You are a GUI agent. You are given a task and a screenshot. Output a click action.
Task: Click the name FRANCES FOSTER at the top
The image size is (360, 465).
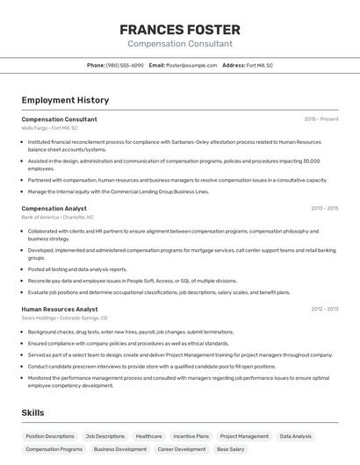point(180,29)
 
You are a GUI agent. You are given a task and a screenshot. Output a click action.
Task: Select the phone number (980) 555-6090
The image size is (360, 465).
point(125,65)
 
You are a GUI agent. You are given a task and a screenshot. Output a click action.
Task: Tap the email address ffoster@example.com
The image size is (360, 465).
point(191,65)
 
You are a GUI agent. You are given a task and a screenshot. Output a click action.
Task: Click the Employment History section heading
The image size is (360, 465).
point(65,100)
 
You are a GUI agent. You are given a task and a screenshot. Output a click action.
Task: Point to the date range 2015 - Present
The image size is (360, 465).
point(320,118)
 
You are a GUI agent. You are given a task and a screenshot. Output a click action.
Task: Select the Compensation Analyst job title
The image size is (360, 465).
point(54,208)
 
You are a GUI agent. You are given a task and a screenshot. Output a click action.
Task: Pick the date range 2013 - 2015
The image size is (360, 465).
point(324,208)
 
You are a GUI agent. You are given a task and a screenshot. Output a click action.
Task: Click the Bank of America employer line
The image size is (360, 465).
point(57,217)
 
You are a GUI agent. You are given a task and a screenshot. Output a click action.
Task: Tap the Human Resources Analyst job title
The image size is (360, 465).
point(60,309)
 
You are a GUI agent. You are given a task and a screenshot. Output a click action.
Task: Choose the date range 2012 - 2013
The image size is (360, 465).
point(324,309)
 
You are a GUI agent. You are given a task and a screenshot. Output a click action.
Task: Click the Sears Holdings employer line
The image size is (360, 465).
point(64,318)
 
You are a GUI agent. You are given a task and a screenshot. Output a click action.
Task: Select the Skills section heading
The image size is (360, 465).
point(32,412)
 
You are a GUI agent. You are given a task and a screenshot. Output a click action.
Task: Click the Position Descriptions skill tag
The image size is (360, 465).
point(50,436)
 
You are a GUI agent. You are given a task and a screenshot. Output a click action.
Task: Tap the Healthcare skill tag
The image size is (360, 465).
point(148,436)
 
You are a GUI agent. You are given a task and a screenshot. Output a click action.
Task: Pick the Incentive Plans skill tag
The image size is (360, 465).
point(191,436)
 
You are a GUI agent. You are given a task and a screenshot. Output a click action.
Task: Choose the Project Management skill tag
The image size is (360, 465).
point(244,436)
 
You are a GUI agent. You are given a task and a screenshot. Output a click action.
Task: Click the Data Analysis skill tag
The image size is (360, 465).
point(296,436)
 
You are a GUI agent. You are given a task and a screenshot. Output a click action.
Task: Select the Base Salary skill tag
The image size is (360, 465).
point(231,449)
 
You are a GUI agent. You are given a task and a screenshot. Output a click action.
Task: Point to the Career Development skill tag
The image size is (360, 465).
point(182,449)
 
